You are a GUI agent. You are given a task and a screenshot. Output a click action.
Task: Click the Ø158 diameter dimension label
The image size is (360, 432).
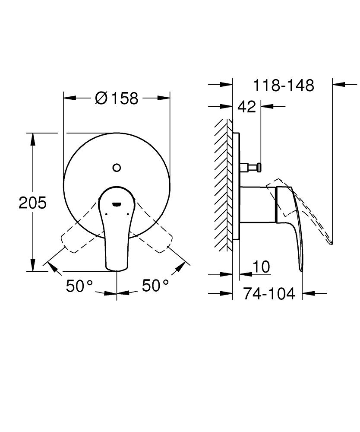(x=117, y=98)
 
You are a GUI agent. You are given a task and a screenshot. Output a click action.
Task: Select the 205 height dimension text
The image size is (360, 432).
(x=32, y=202)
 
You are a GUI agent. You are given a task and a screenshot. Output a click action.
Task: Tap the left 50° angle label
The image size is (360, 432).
(x=79, y=286)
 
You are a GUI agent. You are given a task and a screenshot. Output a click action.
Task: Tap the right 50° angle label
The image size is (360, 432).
(x=155, y=286)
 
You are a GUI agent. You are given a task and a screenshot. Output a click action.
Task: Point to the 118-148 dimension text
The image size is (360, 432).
(x=283, y=85)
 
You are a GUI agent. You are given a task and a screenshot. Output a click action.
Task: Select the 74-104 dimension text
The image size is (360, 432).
(x=269, y=294)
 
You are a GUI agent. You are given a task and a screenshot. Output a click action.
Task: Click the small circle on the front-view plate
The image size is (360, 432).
(x=117, y=168)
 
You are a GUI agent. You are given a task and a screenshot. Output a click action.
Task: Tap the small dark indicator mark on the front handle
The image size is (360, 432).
(x=117, y=204)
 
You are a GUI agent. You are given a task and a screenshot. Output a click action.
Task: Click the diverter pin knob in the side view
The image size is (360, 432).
(x=258, y=167)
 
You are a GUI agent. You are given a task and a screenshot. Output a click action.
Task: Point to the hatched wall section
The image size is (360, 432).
(x=224, y=186)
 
